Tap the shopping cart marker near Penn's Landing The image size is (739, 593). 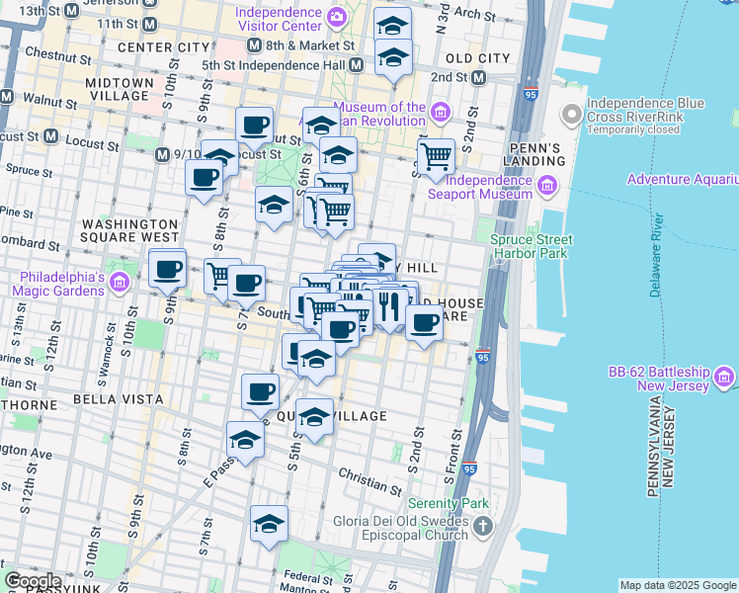click(x=435, y=156)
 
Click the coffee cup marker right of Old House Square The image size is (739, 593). click(x=425, y=321)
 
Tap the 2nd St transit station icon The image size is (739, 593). click(x=479, y=77)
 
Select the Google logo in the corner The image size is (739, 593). click(x=33, y=581)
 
